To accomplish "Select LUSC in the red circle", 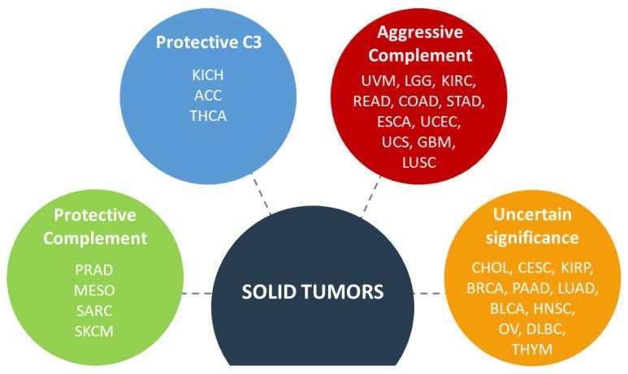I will pyautogui.click(x=419, y=162).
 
